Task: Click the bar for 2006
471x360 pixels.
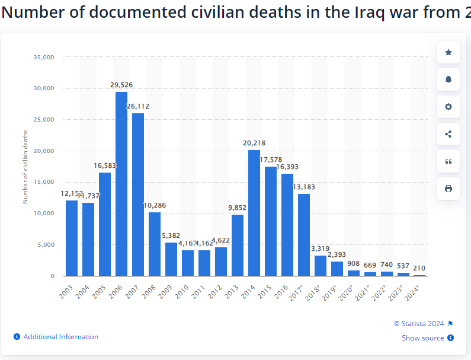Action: [121, 184]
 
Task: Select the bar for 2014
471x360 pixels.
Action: [254, 213]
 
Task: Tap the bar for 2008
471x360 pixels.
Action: [155, 244]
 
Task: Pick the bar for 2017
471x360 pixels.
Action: [304, 235]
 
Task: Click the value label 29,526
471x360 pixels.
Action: [121, 85]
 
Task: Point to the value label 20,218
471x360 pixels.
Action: [254, 143]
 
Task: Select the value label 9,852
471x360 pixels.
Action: [238, 208]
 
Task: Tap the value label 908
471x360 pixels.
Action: [354, 263]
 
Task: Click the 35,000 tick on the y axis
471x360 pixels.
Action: [44, 57]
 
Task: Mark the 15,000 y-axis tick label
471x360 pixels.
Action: [44, 182]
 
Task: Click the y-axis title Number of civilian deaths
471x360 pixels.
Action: [25, 166]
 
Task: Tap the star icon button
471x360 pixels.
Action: [448, 53]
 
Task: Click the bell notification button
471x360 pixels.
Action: [448, 80]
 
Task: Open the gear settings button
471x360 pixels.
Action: [448, 107]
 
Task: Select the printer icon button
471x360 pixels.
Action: [448, 189]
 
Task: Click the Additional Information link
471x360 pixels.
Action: [60, 337]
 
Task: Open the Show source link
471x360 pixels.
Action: [423, 338]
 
